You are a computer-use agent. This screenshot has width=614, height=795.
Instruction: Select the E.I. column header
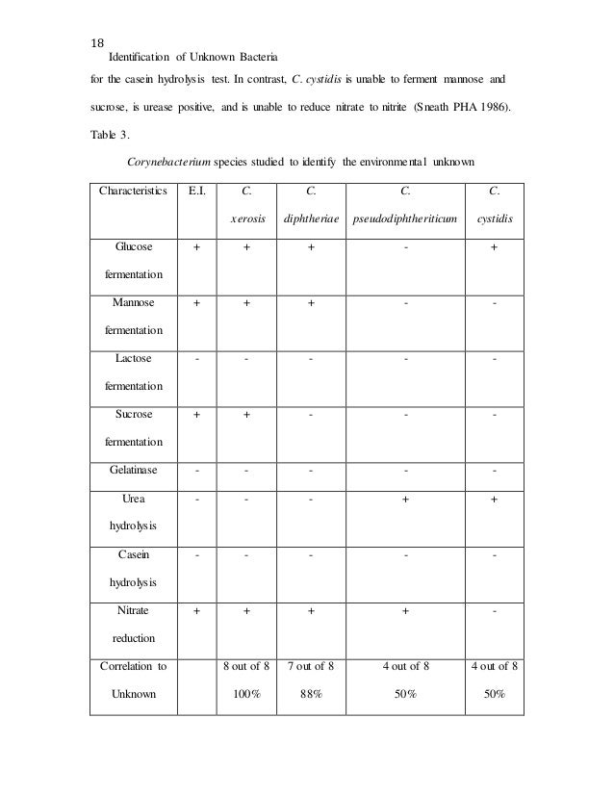pyautogui.click(x=197, y=191)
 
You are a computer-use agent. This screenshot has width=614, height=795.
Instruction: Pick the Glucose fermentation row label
pyautogui.click(x=135, y=260)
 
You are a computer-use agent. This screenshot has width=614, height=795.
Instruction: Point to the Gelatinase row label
pyautogui.click(x=135, y=471)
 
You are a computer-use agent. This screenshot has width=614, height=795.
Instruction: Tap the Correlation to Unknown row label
pyautogui.click(x=135, y=680)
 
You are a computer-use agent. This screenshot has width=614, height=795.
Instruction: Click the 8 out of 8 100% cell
pyautogui.click(x=247, y=680)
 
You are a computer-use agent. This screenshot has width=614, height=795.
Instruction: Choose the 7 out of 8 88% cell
pyautogui.click(x=311, y=680)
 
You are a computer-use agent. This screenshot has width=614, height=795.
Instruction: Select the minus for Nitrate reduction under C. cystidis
pyautogui.click(x=494, y=610)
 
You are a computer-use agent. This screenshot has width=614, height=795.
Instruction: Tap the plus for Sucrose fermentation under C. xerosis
pyautogui.click(x=247, y=413)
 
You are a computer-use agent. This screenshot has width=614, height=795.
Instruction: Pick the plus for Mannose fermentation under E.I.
pyautogui.click(x=197, y=302)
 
